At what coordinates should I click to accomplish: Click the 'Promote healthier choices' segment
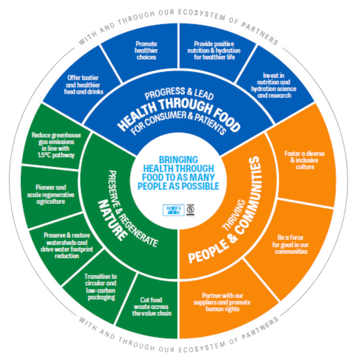(x=146, y=50)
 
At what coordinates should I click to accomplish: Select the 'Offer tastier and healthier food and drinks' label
(x=83, y=85)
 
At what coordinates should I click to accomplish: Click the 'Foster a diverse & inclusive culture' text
(x=304, y=160)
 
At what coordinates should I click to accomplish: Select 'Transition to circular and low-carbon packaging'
(x=100, y=286)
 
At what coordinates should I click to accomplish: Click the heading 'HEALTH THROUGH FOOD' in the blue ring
(x=179, y=115)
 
